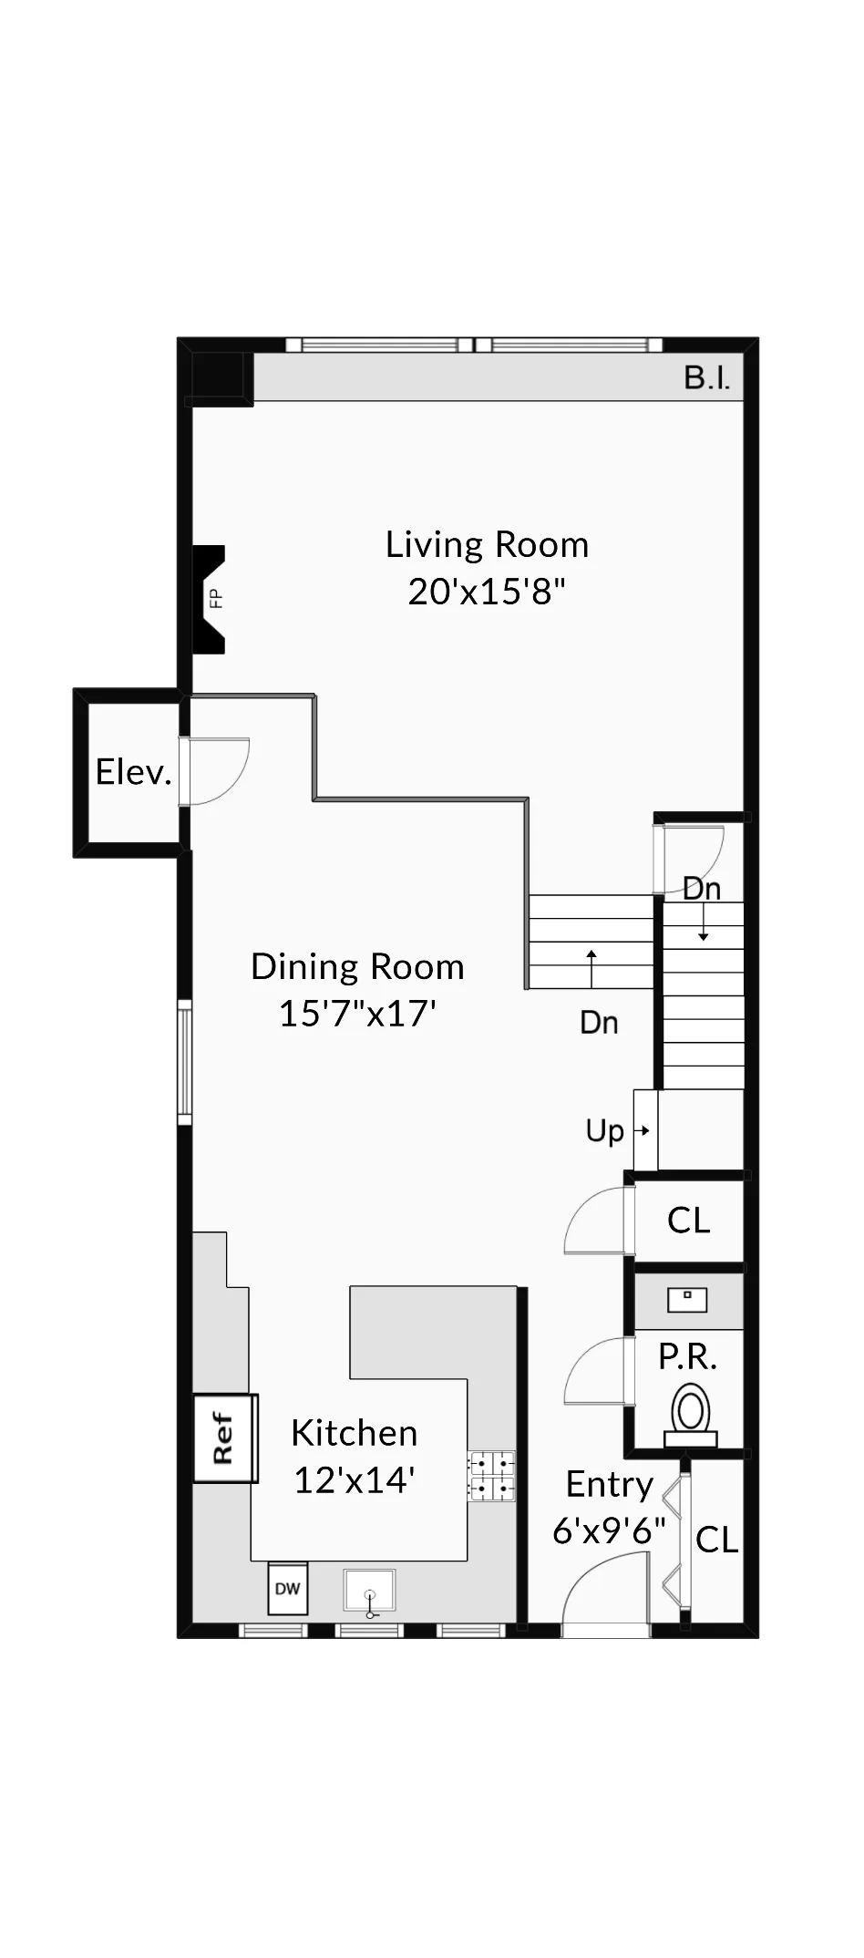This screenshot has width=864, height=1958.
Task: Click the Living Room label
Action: (487, 545)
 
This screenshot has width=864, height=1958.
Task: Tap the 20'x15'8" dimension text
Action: (487, 593)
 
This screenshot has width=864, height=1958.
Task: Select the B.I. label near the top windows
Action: (707, 378)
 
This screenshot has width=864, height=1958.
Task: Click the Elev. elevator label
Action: (133, 772)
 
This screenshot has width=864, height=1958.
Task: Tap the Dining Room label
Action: (357, 967)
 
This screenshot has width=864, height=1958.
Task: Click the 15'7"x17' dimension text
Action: (357, 1014)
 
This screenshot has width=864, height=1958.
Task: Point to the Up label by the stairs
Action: (604, 1131)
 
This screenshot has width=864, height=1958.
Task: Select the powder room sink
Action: (687, 1298)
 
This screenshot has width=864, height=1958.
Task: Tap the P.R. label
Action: (687, 1357)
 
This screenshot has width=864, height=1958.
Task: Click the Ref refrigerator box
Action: (224, 1438)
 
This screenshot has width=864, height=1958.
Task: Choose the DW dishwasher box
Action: (287, 1589)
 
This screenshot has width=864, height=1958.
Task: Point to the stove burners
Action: (491, 1476)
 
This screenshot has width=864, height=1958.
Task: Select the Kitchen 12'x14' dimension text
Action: (355, 1480)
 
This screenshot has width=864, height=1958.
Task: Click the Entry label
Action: (609, 1484)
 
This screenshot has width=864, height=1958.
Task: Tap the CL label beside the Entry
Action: (716, 1541)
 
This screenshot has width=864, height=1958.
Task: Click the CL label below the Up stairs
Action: (688, 1221)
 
